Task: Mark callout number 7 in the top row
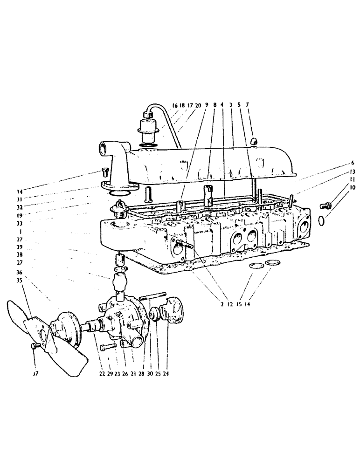pos(248,106)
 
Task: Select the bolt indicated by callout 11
pos(325,205)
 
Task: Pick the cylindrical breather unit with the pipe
pos(144,128)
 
